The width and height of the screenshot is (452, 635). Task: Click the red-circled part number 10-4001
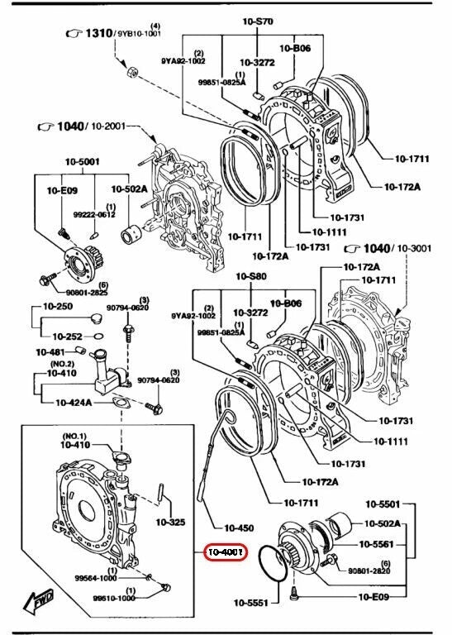point(225,551)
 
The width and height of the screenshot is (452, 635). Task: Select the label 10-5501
point(382,504)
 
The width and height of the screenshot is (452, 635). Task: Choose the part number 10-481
point(50,351)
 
